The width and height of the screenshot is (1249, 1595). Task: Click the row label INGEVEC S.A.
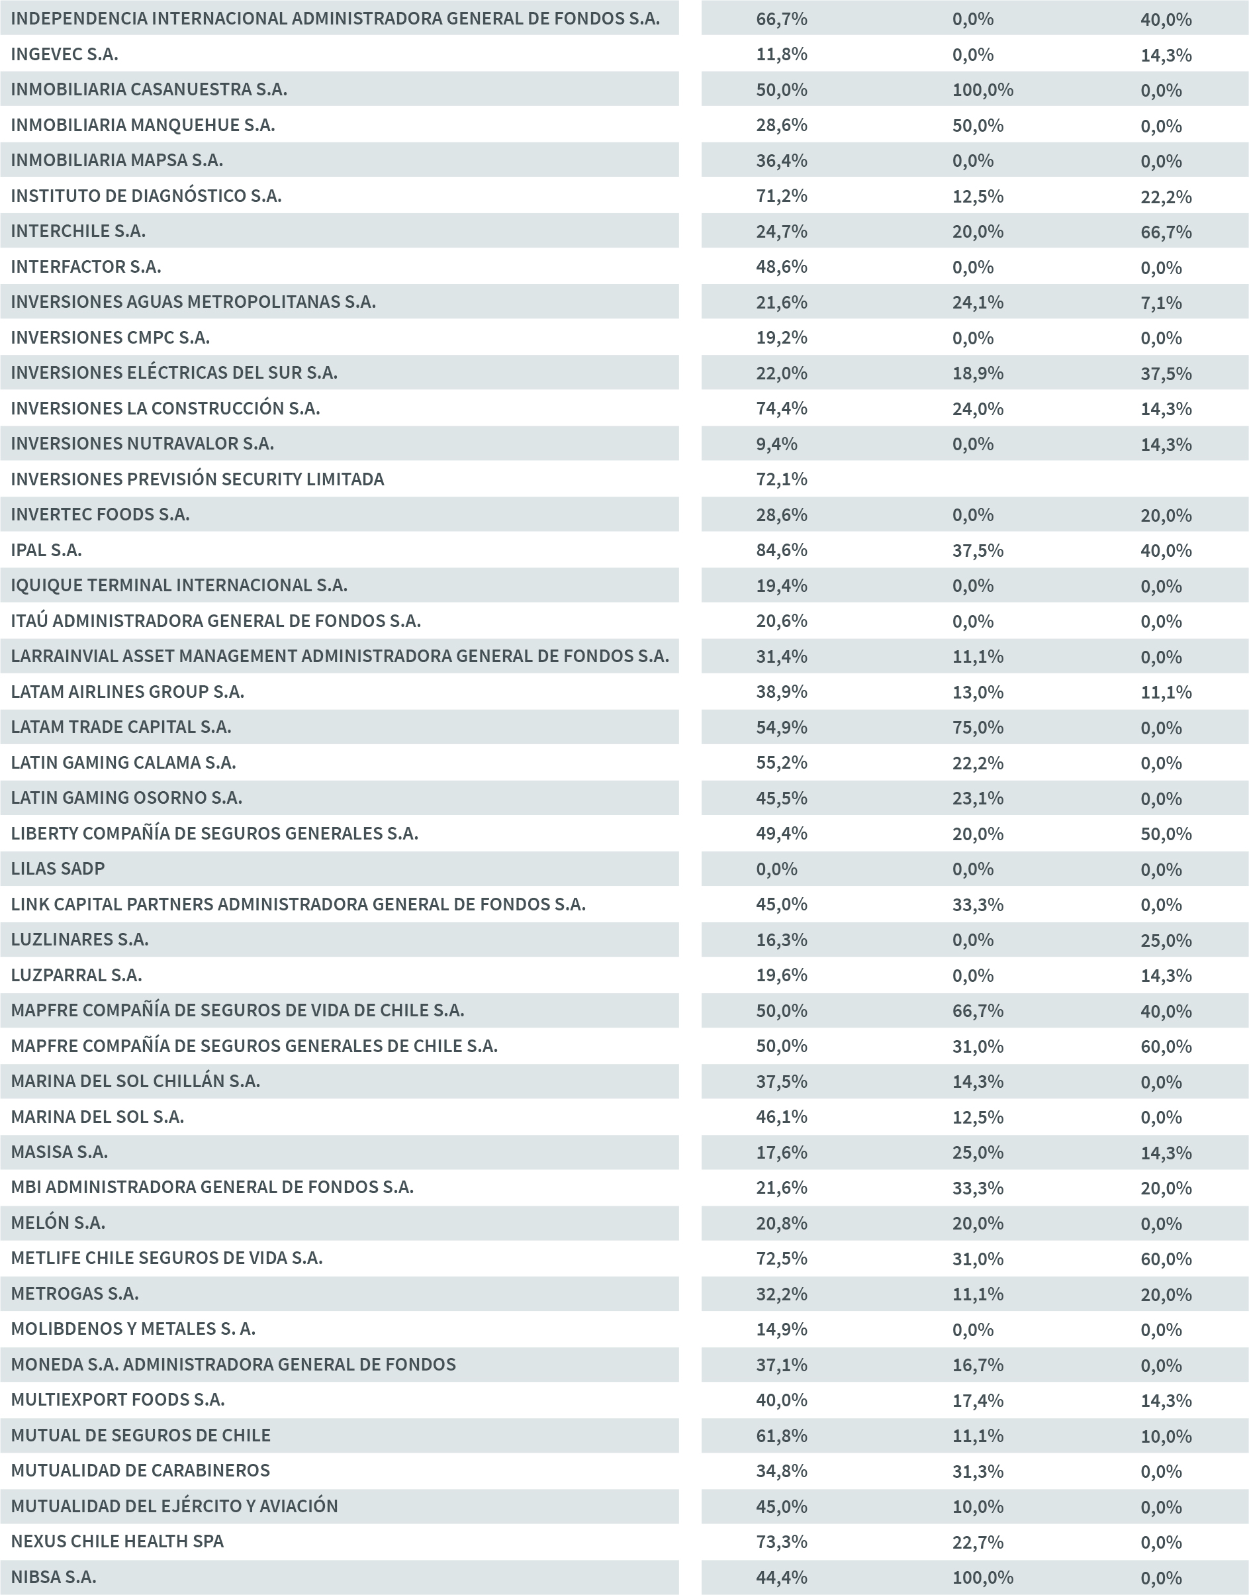(x=64, y=54)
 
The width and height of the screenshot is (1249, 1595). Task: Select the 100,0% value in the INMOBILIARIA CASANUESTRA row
(x=982, y=90)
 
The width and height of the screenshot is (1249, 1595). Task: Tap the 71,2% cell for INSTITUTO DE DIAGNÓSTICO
(x=781, y=196)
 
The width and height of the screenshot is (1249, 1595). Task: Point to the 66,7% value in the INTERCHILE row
(x=1166, y=232)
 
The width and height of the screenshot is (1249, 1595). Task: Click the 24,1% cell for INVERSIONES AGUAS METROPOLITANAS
(x=977, y=302)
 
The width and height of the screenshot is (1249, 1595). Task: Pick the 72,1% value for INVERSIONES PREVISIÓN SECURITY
(x=781, y=479)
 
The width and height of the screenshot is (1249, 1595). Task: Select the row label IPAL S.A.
(x=46, y=550)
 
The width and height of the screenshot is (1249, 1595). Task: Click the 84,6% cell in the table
(x=781, y=550)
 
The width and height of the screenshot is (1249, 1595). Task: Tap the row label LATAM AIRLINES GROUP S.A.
(x=127, y=692)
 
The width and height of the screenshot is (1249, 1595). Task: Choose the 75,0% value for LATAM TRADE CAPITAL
(x=977, y=728)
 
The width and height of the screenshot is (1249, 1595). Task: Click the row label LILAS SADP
(x=58, y=869)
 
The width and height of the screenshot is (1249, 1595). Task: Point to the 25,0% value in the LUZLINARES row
(x=1166, y=940)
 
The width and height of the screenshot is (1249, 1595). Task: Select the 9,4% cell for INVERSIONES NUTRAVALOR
(x=776, y=444)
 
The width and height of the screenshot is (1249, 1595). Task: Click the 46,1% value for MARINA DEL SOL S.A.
(x=781, y=1117)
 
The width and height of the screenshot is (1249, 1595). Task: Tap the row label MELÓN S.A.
(x=58, y=1223)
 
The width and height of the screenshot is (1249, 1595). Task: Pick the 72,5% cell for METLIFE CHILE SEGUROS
(x=781, y=1259)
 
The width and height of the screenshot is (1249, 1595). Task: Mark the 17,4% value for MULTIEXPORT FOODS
(x=977, y=1400)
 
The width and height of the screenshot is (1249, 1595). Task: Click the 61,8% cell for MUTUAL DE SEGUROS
(x=781, y=1436)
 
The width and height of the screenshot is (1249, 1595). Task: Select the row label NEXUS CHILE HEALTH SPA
(x=117, y=1541)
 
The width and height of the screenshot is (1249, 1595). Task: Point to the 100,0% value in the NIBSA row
(x=982, y=1577)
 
